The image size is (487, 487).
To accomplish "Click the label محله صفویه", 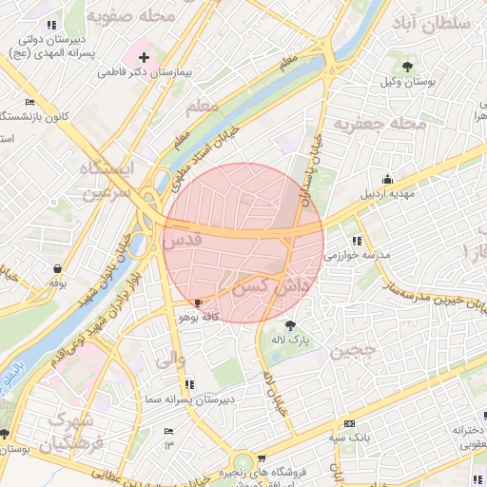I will (130, 16).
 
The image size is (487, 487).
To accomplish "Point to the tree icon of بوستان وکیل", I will (408, 66).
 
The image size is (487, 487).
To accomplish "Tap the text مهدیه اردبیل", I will (388, 194).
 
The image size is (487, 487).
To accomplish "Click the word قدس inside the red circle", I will (183, 242).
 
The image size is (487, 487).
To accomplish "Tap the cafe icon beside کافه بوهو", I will (198, 302).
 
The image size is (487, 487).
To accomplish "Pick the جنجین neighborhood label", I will (354, 349).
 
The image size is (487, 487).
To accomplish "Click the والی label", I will (168, 361).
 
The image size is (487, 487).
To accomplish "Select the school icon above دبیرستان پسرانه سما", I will (190, 384).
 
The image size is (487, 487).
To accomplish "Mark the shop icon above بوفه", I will (59, 269).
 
